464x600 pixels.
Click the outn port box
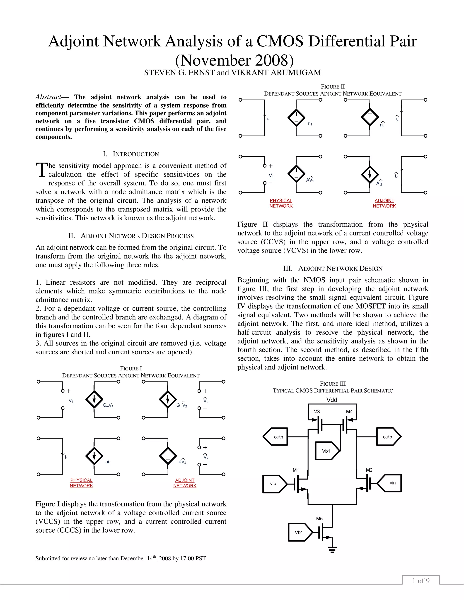pos(276,437)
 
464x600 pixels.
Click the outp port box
pos(388,437)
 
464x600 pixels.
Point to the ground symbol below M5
pos(332,550)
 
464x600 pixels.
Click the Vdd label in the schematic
pos(332,400)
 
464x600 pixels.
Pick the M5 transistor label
pos(319,519)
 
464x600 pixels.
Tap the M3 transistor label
pos(317,412)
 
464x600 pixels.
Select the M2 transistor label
pos(369,470)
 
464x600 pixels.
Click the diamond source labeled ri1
pos(296,118)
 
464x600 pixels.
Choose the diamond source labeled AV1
pos(296,174)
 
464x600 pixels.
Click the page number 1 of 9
pos(421,581)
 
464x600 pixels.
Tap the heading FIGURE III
pos(333,384)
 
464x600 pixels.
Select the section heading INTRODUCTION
pos(136,154)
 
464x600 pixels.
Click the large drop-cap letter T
pos(41,170)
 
